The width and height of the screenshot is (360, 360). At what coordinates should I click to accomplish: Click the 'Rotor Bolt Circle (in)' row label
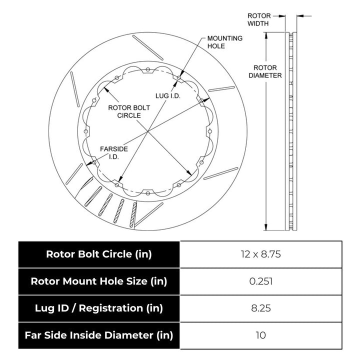tap(98, 254)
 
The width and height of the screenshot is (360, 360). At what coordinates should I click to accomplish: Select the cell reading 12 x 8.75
tap(261, 254)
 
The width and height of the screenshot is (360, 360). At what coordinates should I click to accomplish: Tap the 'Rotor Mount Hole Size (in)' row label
tap(98, 281)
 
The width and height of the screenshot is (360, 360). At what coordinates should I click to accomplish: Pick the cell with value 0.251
tap(261, 281)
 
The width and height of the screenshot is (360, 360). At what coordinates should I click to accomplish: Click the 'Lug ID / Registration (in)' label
tap(98, 308)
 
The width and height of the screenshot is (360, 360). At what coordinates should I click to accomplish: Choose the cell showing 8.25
tap(261, 308)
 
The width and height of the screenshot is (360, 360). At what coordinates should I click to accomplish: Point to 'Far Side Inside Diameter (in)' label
tap(98, 335)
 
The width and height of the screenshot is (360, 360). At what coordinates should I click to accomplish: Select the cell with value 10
tap(261, 335)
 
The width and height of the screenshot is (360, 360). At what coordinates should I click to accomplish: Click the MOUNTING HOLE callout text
tap(225, 42)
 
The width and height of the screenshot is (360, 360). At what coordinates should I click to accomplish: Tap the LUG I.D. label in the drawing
tap(167, 94)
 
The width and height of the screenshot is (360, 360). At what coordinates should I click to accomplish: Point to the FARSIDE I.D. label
tap(113, 152)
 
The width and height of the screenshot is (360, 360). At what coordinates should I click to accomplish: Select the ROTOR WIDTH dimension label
tap(258, 19)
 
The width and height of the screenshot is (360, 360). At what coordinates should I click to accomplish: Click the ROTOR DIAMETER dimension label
tap(267, 71)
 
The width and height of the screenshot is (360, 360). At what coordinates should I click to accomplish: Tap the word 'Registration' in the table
tap(131, 308)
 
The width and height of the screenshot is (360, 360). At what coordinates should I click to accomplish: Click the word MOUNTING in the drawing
tap(225, 38)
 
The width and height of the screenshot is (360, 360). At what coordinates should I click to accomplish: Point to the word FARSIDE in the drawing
tap(113, 149)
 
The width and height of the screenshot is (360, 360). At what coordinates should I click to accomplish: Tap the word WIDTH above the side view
tap(258, 23)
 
